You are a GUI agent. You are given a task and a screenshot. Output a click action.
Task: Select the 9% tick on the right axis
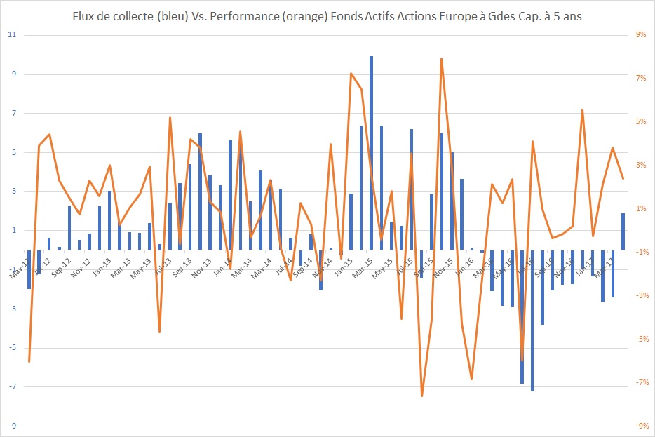click(640, 35)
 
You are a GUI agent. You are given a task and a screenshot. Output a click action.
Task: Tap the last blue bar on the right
click(623, 231)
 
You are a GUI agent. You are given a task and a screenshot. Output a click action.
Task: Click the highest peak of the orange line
click(442, 58)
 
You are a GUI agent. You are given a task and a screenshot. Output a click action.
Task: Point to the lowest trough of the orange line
click(421, 396)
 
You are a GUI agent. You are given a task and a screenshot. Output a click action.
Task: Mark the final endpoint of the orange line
click(623, 178)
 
